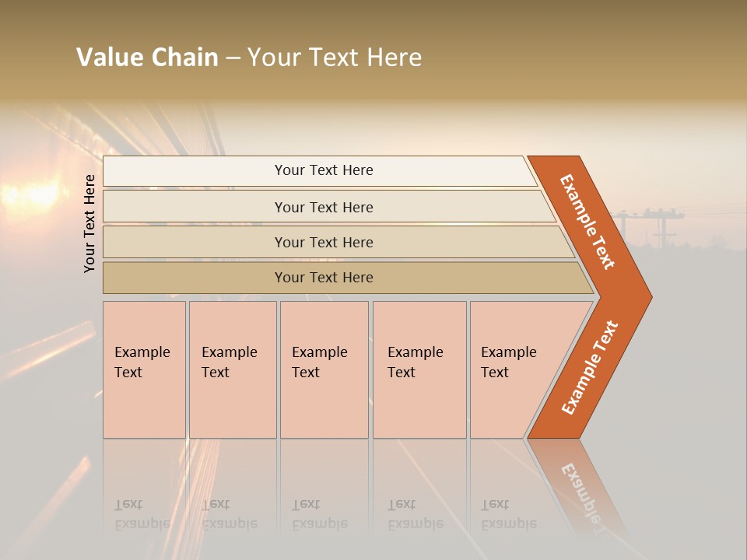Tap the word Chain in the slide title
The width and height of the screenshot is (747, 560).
click(x=185, y=58)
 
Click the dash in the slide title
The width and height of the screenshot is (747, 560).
click(x=233, y=58)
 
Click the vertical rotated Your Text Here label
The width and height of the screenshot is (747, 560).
click(x=90, y=223)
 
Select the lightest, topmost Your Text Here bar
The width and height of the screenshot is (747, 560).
click(x=323, y=170)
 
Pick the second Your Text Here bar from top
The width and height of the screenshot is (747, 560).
click(x=323, y=207)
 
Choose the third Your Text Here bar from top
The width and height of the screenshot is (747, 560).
click(x=323, y=242)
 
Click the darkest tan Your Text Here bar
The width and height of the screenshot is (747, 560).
click(x=323, y=278)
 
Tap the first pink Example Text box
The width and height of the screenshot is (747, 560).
click(x=144, y=369)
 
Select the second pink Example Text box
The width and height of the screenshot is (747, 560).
click(x=232, y=369)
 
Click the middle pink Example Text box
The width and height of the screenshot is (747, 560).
click(x=324, y=369)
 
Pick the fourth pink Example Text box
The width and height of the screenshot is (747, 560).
click(x=419, y=369)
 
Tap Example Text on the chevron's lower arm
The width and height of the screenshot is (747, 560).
click(x=591, y=367)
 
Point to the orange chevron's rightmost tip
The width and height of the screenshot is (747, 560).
click(x=650, y=296)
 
